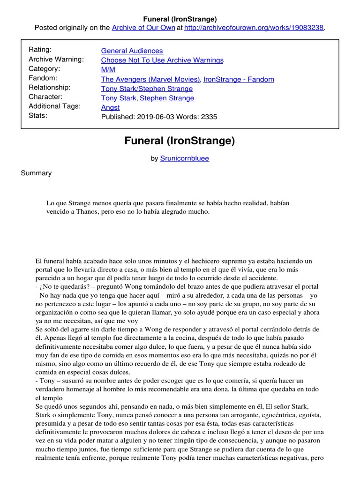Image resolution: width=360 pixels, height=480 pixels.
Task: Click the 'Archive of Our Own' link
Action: (143, 28)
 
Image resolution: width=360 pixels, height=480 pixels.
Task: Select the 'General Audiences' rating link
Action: (132, 51)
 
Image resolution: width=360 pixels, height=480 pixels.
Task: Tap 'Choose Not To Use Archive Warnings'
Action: (162, 60)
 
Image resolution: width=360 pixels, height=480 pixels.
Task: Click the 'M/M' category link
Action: (107, 69)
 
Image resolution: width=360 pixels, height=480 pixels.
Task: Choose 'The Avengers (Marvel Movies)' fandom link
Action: (150, 79)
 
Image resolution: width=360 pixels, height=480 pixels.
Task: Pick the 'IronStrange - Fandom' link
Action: (239, 79)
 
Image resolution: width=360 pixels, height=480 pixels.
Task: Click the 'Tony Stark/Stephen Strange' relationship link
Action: (147, 88)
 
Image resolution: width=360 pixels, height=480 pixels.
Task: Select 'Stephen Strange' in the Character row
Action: (167, 98)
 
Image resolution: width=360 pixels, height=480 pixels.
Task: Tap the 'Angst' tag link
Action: (110, 107)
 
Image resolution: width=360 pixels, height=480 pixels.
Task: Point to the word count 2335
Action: (209, 117)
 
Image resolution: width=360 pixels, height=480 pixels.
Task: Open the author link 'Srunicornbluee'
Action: (185, 158)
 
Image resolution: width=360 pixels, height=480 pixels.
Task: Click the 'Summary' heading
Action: (36, 173)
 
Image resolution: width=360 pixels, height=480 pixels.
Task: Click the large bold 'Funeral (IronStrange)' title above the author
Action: (180, 141)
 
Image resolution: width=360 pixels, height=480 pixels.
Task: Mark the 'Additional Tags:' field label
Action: (54, 106)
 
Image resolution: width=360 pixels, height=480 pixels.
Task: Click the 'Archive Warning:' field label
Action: (56, 60)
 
